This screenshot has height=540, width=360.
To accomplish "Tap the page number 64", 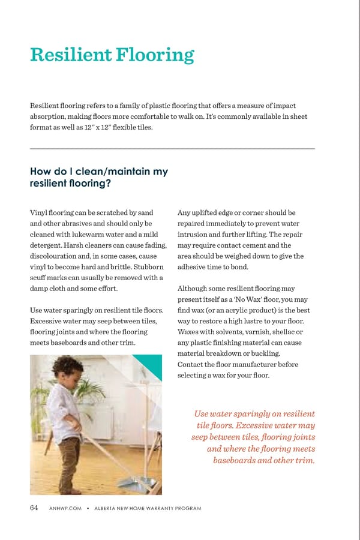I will [x=34, y=508].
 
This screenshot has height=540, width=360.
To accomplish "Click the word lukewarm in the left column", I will [x=88, y=234].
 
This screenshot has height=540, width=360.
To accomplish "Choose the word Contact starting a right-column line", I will [x=192, y=364].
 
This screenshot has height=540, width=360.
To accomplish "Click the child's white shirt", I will [x=63, y=408].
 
